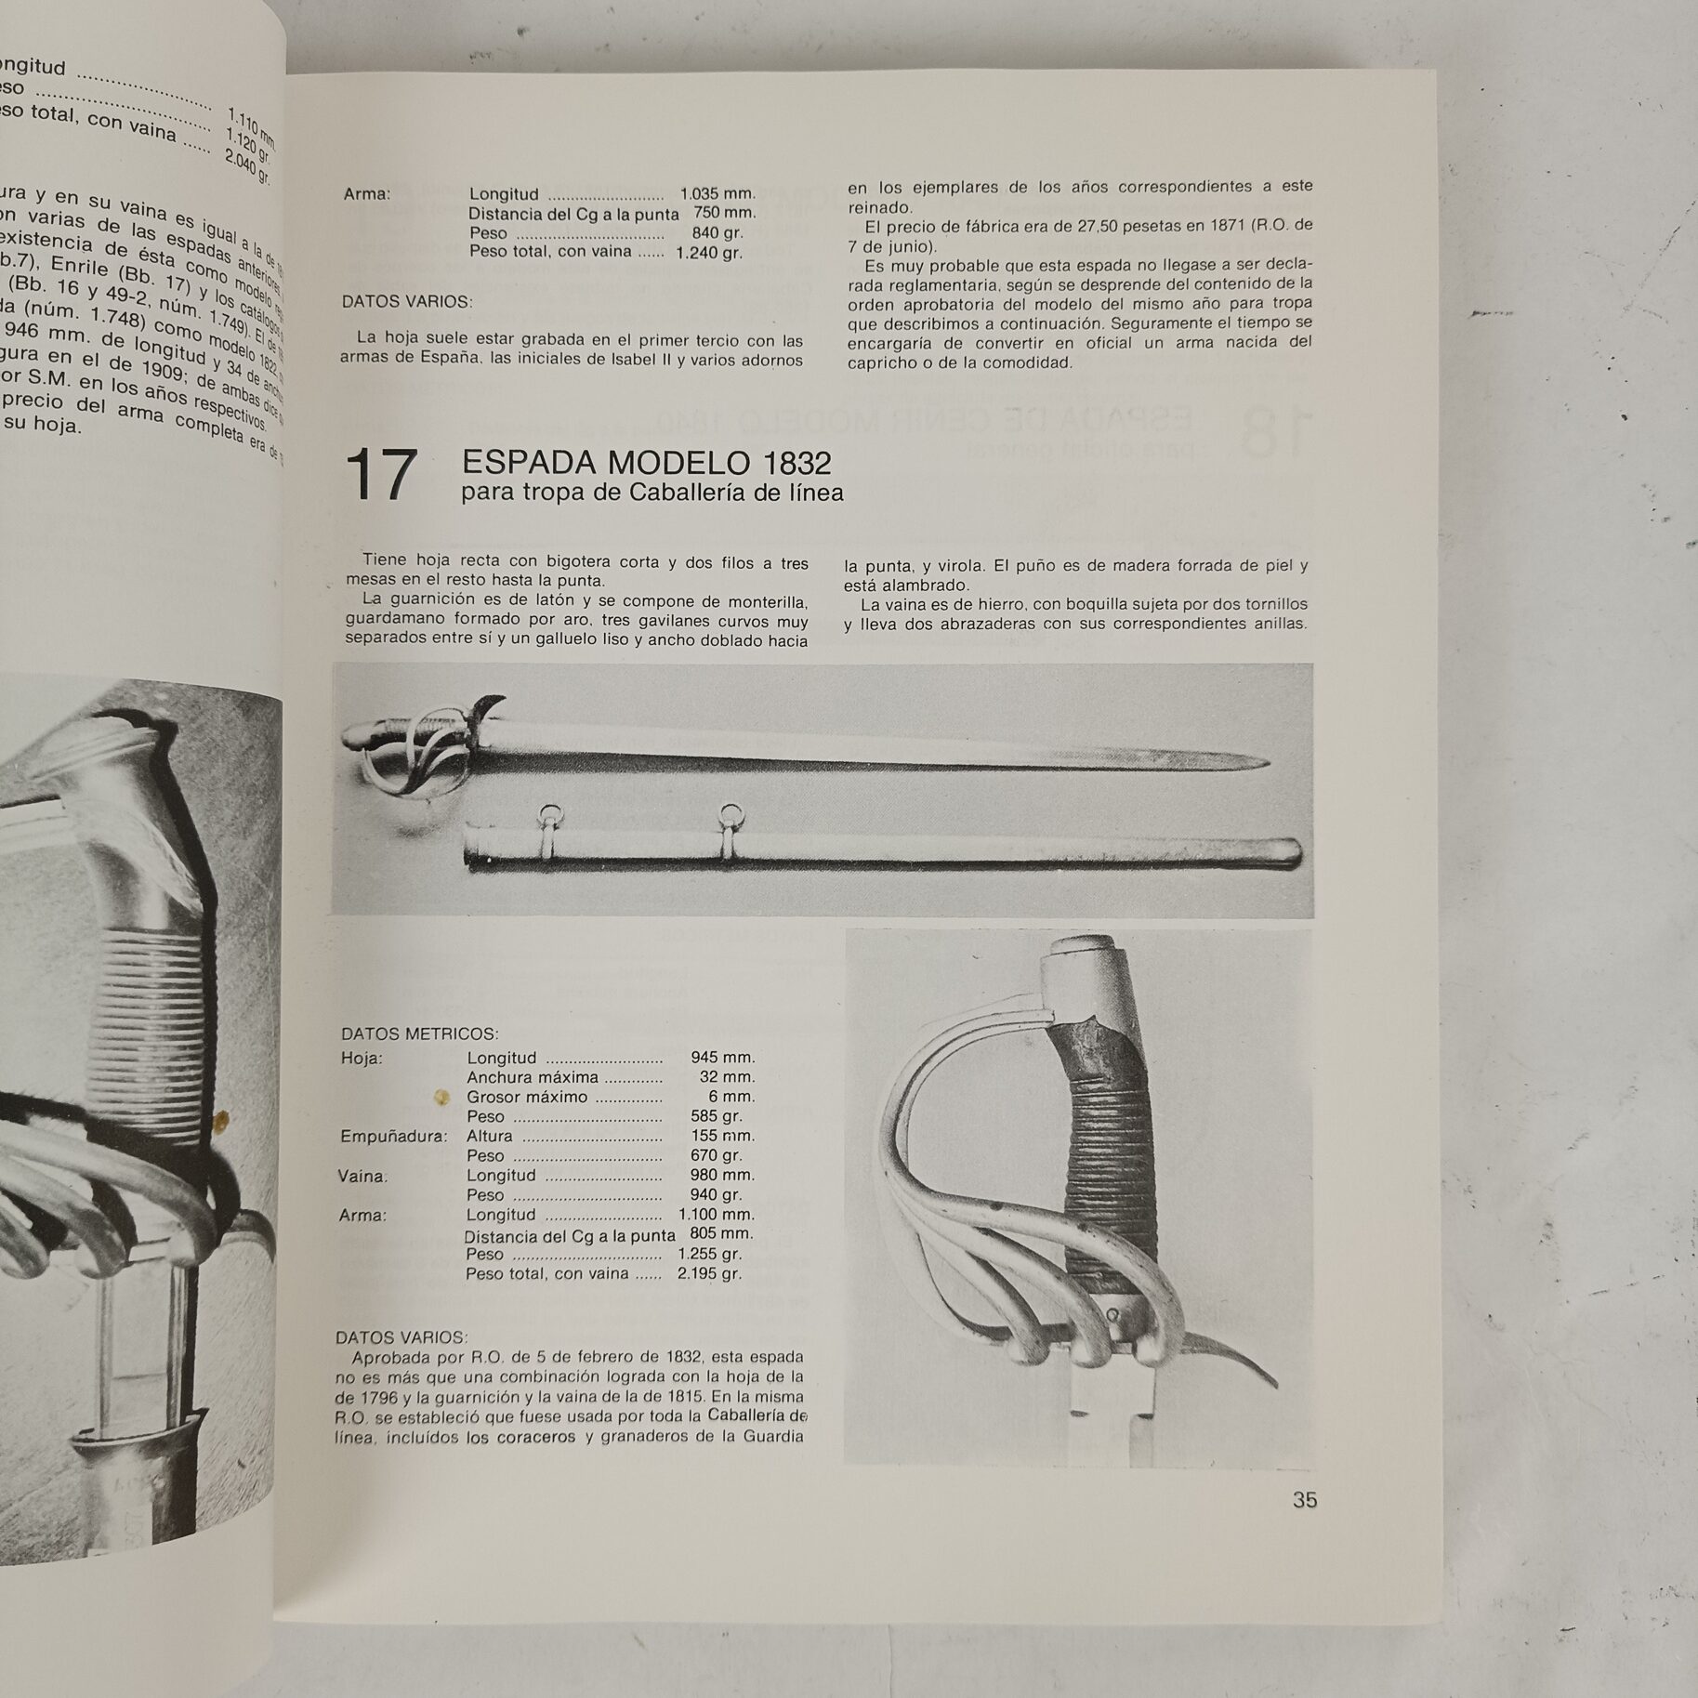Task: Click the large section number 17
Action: [x=380, y=475]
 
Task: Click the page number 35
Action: [x=1304, y=1526]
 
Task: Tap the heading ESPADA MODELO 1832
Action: [x=646, y=462]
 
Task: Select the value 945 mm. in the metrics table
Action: [x=722, y=1058]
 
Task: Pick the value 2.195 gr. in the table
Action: [x=709, y=1273]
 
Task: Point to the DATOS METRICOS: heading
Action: [x=419, y=1033]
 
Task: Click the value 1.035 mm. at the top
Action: [x=717, y=194]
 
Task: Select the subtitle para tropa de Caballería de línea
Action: [x=652, y=494]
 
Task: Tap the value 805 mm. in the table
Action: [x=722, y=1234]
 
